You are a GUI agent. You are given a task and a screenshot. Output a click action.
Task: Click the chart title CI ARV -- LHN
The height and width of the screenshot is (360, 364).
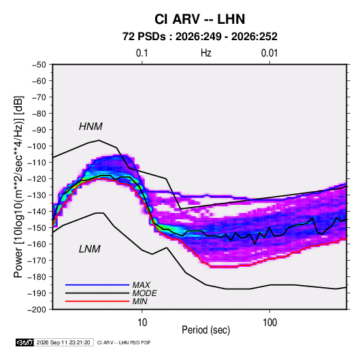click(x=199, y=19)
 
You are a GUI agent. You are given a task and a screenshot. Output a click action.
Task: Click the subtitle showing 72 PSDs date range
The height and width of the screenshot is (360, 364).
click(x=200, y=37)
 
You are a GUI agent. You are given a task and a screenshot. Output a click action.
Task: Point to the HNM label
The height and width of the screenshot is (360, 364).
click(x=90, y=127)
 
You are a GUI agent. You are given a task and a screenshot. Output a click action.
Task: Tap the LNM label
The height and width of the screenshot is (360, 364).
click(x=90, y=249)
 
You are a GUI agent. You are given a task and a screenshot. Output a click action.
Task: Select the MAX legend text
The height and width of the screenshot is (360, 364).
click(x=141, y=285)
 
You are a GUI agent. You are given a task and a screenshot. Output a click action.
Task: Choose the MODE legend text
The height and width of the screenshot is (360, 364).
click(x=144, y=293)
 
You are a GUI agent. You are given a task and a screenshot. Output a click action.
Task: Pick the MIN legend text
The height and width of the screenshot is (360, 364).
click(x=139, y=301)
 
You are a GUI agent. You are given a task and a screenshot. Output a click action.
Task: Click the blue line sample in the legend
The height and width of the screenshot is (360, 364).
click(x=97, y=285)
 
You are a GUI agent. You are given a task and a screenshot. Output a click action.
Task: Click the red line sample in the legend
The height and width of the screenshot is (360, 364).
click(x=97, y=301)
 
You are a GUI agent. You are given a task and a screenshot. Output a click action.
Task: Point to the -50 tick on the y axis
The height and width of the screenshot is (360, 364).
click(x=39, y=65)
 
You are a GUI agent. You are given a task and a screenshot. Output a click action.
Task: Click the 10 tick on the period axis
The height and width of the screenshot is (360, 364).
click(x=142, y=323)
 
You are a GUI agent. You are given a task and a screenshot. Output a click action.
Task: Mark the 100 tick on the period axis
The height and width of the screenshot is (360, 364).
click(x=269, y=323)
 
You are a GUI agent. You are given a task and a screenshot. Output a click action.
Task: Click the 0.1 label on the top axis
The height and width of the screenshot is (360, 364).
click(x=142, y=53)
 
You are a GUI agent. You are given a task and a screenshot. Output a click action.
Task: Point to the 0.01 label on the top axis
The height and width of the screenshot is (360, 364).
click(x=269, y=53)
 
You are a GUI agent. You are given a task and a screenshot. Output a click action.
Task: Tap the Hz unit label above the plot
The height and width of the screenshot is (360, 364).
click(x=206, y=53)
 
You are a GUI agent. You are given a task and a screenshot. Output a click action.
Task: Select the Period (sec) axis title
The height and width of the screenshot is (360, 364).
click(x=206, y=330)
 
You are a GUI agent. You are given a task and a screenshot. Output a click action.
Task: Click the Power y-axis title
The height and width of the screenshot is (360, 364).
click(x=18, y=186)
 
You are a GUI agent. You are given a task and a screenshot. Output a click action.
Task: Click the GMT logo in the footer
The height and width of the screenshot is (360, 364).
click(x=25, y=342)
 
